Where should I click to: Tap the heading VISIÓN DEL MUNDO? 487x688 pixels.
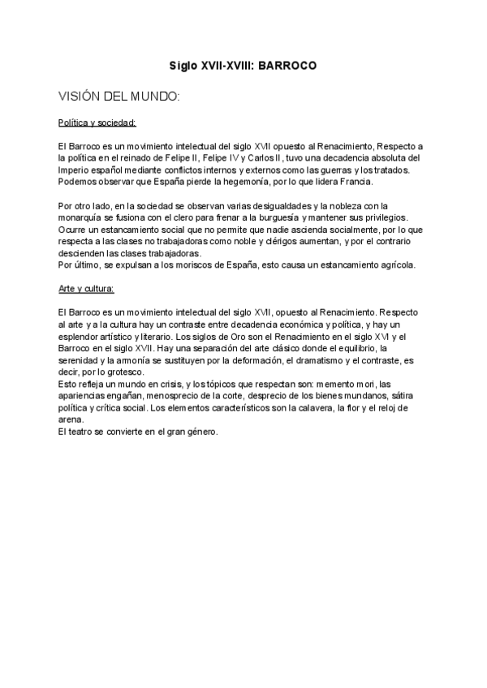click(119, 97)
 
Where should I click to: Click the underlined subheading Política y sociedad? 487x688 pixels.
click(97, 123)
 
